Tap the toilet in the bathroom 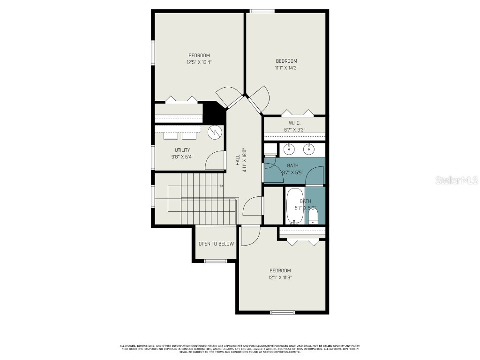pos(313,216)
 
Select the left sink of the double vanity pos(289,149)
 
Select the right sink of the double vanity pos(308,149)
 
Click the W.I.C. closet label pos(294,123)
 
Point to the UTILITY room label pos(182,150)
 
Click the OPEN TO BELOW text pos(216,244)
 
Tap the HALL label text pos(238,160)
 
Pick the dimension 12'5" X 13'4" pos(199,62)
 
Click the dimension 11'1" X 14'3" pos(286,68)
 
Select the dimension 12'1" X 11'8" pos(280,277)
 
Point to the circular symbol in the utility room pos(215,132)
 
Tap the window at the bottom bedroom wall pos(282,312)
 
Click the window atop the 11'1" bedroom pos(262,11)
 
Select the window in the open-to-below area pos(215,261)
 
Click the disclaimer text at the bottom pos(240,349)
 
